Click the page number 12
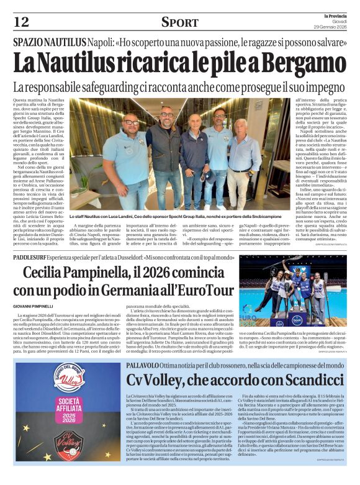pos(20,22)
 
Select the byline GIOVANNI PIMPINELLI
pos(35,306)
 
